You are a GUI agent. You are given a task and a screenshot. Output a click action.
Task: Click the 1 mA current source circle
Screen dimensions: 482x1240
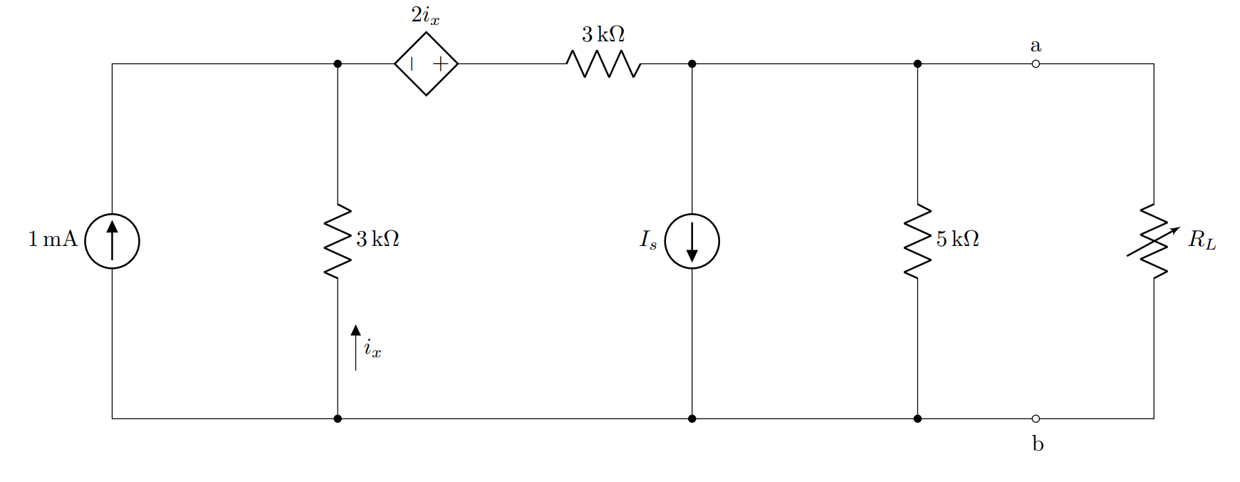pos(112,241)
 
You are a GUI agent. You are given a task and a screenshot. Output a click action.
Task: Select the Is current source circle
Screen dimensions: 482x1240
pos(692,241)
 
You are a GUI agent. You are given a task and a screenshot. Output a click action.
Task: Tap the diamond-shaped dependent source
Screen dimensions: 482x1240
pos(426,63)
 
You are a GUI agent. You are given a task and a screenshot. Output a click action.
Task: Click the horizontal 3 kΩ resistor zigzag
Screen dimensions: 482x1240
pos(604,63)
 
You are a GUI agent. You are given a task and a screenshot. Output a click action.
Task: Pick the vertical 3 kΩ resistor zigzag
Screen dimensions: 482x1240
pos(338,241)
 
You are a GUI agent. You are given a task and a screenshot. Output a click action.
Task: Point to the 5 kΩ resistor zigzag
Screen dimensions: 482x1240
pos(917,241)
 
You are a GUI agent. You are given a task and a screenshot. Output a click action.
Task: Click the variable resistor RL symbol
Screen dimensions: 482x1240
pos(1154,241)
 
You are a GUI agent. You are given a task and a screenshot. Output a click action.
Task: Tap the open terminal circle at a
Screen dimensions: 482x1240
pos(1036,64)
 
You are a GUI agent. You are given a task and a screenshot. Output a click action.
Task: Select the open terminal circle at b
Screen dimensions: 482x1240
pos(1036,419)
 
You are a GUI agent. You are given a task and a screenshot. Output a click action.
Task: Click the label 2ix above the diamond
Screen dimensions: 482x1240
pos(425,16)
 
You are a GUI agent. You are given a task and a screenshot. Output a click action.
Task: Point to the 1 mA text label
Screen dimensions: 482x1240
pos(52,239)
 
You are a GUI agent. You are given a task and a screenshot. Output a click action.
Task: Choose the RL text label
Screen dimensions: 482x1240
pos(1202,240)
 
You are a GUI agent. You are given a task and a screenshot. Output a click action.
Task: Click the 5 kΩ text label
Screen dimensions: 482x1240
pos(957,239)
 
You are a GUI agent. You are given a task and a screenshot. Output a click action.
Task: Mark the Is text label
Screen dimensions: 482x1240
pos(647,240)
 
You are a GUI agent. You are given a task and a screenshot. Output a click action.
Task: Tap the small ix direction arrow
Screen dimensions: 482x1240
pos(356,347)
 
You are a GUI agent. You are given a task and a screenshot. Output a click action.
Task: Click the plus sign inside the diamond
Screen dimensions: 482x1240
pos(441,63)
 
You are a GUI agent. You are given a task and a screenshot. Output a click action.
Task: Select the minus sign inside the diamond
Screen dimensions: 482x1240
pos(412,63)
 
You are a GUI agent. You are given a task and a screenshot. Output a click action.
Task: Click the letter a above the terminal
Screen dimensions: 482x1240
pos(1036,46)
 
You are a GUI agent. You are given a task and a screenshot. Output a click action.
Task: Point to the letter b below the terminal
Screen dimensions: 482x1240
pos(1038,443)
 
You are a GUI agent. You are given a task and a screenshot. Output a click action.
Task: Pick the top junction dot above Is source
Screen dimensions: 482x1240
pos(692,64)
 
